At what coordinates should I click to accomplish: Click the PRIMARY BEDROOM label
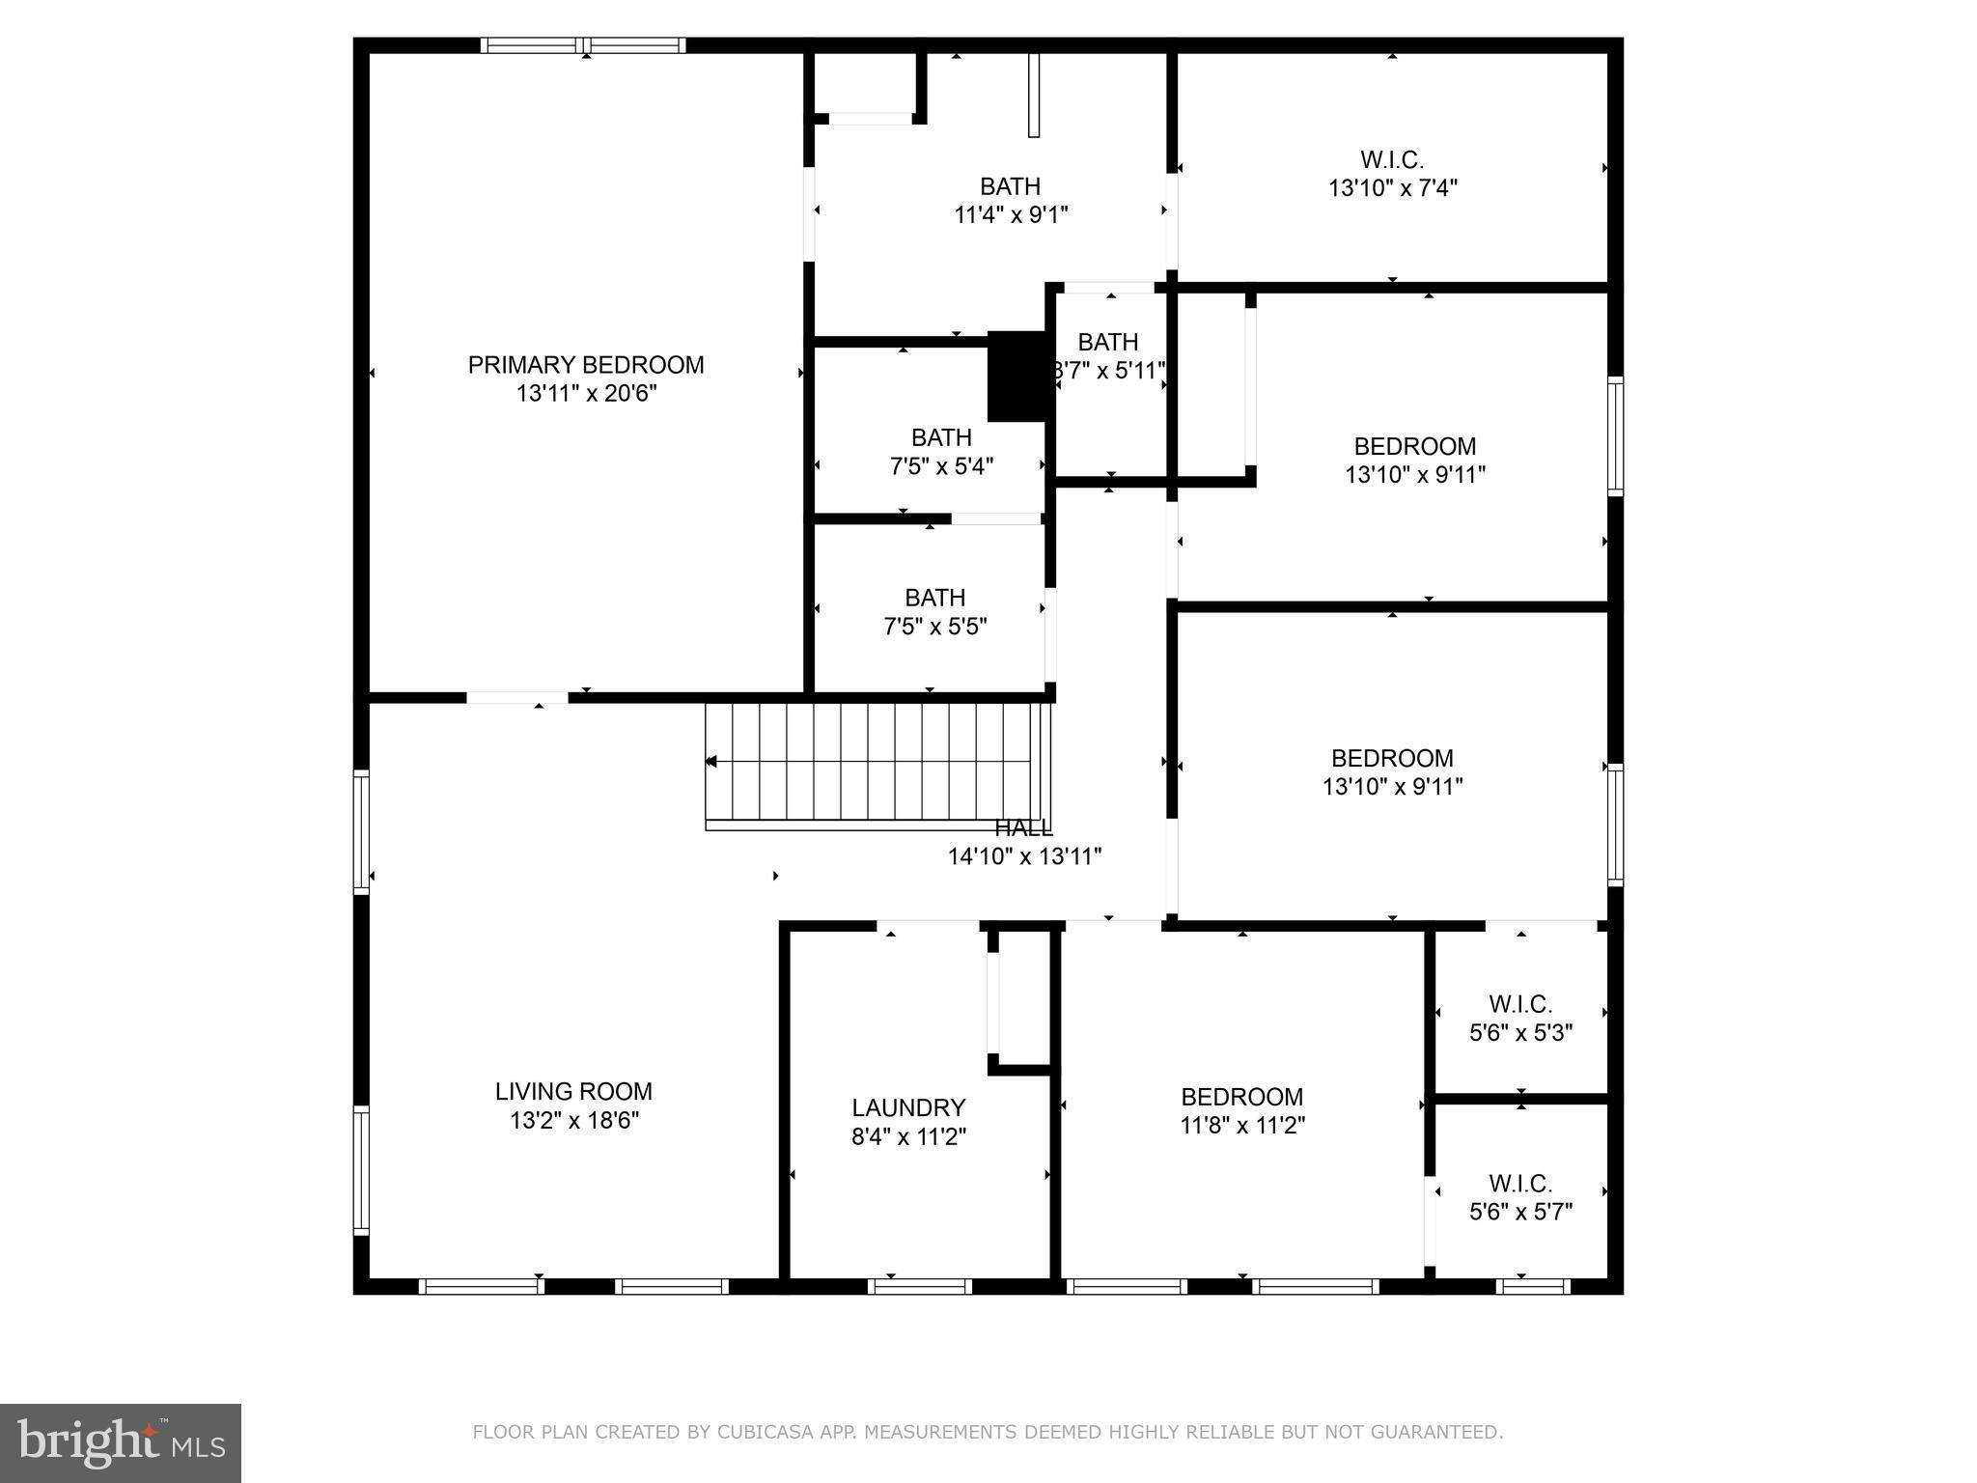[x=586, y=365]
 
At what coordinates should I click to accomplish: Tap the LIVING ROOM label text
[x=573, y=1091]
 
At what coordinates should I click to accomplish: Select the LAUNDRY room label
[x=908, y=1107]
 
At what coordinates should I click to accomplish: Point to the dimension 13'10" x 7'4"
[x=1392, y=188]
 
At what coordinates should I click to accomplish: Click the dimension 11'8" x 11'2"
[x=1242, y=1125]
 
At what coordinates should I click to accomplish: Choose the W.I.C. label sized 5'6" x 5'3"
[x=1520, y=1004]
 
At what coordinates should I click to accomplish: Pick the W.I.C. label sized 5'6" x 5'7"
[x=1520, y=1183]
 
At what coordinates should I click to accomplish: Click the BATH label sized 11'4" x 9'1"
[x=1010, y=186]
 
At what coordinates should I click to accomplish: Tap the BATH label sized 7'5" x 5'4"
[x=941, y=437]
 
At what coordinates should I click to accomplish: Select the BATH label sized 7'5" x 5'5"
[x=934, y=598]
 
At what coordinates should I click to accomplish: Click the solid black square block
[x=1017, y=377]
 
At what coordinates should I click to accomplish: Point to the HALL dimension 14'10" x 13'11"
[x=1024, y=856]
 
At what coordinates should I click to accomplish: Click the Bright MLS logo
[x=121, y=1442]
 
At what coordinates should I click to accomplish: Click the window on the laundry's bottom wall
[x=919, y=1286]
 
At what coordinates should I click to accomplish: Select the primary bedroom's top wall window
[x=583, y=44]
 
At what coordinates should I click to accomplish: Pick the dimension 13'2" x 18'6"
[x=574, y=1120]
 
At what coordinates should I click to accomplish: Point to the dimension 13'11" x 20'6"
[x=586, y=394]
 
